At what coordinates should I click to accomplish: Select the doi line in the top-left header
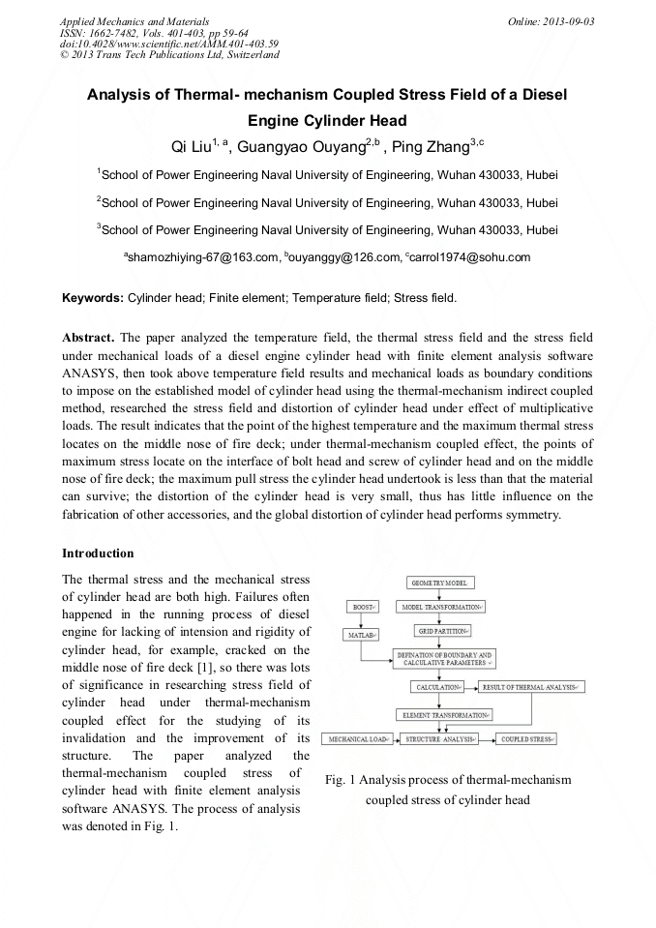[x=169, y=45]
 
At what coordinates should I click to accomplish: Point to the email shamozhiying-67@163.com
[x=201, y=257]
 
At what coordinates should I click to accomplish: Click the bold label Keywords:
[x=93, y=298]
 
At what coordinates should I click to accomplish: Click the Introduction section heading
[x=98, y=553]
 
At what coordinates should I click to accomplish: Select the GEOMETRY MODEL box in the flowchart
[x=440, y=584]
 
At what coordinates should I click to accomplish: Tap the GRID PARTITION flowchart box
[x=443, y=630]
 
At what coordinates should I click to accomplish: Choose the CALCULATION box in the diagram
[x=438, y=686]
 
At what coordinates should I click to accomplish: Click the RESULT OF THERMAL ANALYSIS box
[x=531, y=686]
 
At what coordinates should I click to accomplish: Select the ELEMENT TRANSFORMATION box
[x=444, y=714]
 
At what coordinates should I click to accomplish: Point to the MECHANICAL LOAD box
[x=358, y=739]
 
